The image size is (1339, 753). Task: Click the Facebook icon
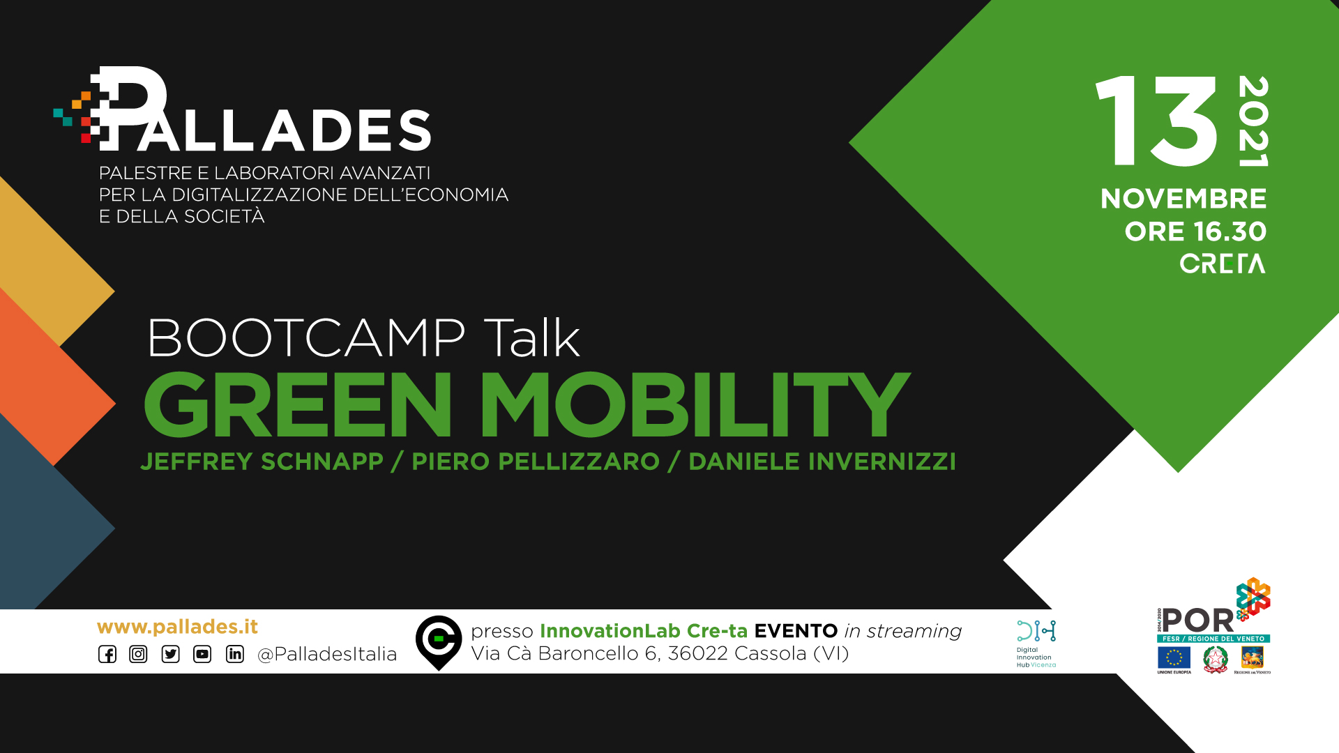pos(107,654)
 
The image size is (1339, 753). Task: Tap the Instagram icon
pos(138,654)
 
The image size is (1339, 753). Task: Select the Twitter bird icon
pos(170,654)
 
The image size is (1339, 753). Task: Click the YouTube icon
pos(202,654)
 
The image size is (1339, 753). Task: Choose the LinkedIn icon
pos(235,654)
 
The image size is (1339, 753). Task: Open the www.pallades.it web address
pos(177,627)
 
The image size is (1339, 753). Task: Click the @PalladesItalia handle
pos(327,654)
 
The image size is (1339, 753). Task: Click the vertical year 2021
pos(1253,121)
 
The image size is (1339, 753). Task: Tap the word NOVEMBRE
pos(1183,199)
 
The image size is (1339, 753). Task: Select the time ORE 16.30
pos(1195,231)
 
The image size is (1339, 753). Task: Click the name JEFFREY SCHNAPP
pos(262,462)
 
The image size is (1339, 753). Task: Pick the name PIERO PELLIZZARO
pos(536,462)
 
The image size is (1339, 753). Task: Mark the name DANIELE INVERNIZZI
pos(822,462)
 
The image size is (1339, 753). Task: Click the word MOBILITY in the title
pos(695,404)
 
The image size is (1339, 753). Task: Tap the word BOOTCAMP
pos(306,338)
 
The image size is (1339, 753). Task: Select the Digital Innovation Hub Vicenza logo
pos(1036,644)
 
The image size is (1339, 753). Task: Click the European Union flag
pos(1174,657)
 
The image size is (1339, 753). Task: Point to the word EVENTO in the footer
pos(796,631)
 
